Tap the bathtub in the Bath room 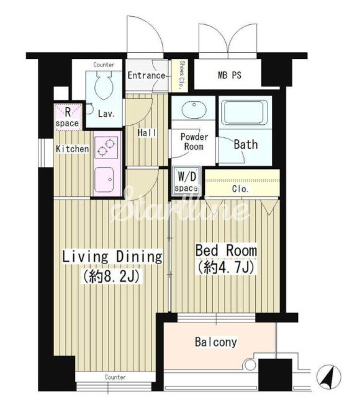[245, 112]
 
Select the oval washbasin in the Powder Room [194, 110]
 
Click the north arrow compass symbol [329, 377]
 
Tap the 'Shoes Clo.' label [182, 75]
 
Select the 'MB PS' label [229, 75]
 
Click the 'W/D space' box [186, 182]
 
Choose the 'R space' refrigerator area [68, 117]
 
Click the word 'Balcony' [216, 342]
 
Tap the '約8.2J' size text [111, 276]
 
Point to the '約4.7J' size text [226, 267]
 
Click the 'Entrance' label [146, 76]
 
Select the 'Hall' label [147, 133]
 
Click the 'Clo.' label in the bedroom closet [240, 189]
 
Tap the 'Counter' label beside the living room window [115, 377]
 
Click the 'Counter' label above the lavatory [104, 65]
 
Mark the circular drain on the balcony [250, 364]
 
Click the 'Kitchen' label [73, 149]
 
